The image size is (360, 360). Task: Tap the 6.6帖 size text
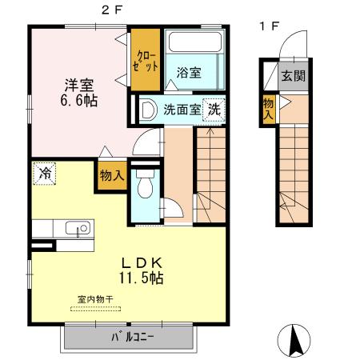point(71,102)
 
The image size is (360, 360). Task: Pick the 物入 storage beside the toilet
point(111,176)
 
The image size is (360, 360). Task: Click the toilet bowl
point(145,187)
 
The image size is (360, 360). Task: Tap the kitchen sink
point(79,229)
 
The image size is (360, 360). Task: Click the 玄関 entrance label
point(292,77)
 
